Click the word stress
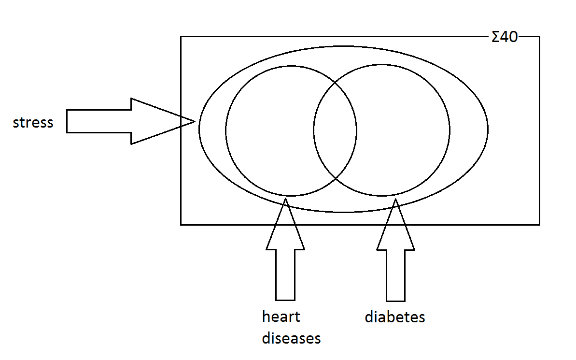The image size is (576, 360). [x=33, y=122]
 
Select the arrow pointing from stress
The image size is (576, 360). [x=131, y=121]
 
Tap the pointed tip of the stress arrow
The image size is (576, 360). [x=196, y=121]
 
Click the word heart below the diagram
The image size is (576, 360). [x=281, y=316]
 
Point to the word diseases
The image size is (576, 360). [x=291, y=338]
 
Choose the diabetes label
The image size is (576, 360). [x=395, y=317]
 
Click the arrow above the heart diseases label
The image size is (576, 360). [x=285, y=249]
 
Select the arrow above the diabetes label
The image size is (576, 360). [x=395, y=250]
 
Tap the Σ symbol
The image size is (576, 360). [x=495, y=37]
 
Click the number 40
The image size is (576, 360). [x=509, y=37]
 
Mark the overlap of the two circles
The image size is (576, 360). [x=335, y=130]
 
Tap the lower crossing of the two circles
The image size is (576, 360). [x=336, y=179]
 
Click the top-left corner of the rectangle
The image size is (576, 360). [x=181, y=36]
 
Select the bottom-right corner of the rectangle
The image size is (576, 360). [x=540, y=225]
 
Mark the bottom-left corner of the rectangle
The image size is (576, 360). [x=181, y=225]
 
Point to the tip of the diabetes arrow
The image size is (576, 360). [x=395, y=199]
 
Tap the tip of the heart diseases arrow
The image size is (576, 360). [x=285, y=198]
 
